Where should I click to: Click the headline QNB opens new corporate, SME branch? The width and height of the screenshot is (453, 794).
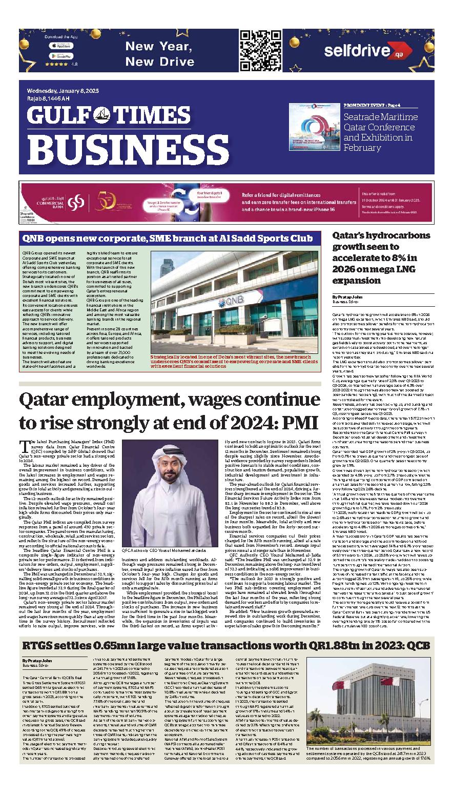click(x=167, y=238)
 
